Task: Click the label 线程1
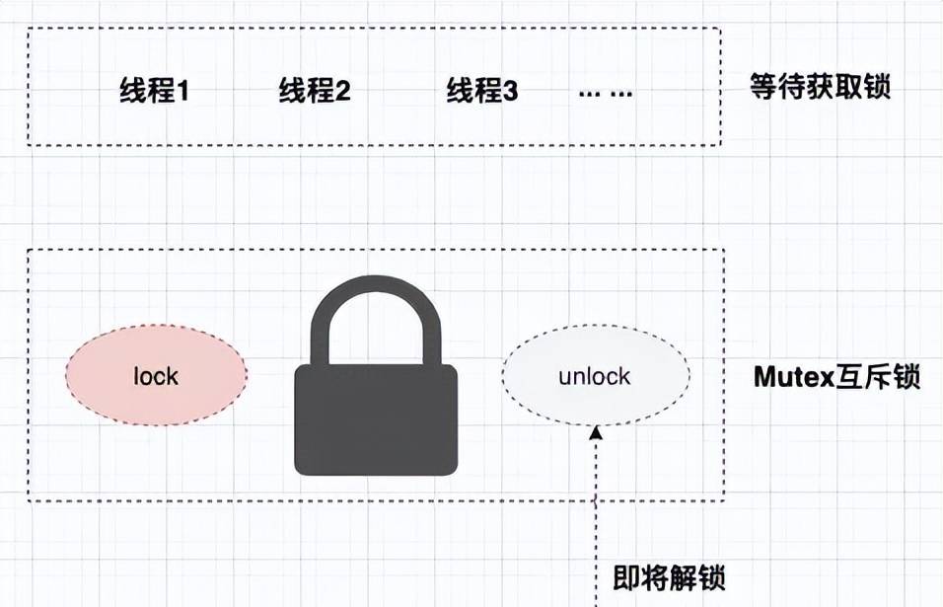154,92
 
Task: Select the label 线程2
315,92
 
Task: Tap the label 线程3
481,92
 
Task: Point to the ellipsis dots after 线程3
606,93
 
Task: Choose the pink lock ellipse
156,376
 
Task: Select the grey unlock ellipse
595,376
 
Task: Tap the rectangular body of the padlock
376,419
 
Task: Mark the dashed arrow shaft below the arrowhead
596,513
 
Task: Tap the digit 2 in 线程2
342,93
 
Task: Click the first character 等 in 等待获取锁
764,88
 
